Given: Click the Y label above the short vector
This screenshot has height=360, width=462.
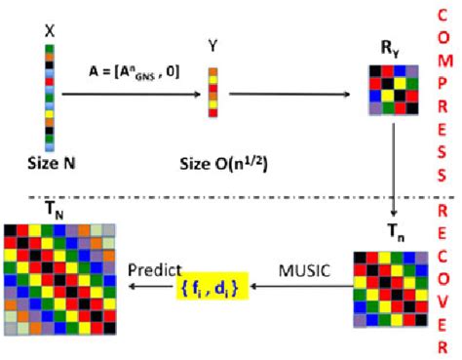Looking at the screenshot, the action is [212, 45].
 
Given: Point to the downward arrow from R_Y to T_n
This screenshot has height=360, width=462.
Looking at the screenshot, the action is [392, 171].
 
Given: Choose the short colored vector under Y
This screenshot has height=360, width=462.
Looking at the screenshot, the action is [212, 93].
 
